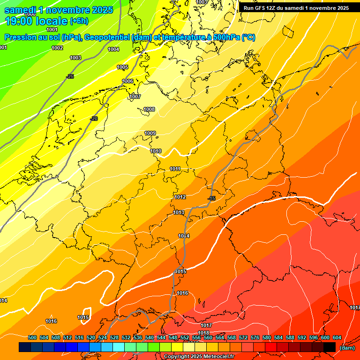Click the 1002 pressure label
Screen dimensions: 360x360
(57, 48)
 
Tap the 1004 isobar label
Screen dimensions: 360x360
(113, 49)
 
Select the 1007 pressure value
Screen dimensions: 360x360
(135, 97)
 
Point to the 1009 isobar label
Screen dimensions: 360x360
(150, 133)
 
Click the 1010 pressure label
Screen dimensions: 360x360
(156, 151)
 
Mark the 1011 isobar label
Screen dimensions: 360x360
(175, 169)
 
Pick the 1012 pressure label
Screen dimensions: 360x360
(180, 197)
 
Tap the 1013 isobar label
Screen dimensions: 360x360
(179, 212)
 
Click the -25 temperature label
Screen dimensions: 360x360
(70, 76)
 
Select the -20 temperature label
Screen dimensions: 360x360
(94, 119)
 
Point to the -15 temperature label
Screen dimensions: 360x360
(211, 199)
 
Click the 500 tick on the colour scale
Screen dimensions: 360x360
(32, 337)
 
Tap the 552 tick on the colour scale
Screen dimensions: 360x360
(185, 337)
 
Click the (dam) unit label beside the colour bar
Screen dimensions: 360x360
(346, 348)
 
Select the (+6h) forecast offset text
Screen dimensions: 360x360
(79, 21)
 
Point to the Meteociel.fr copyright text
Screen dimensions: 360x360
(199, 357)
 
